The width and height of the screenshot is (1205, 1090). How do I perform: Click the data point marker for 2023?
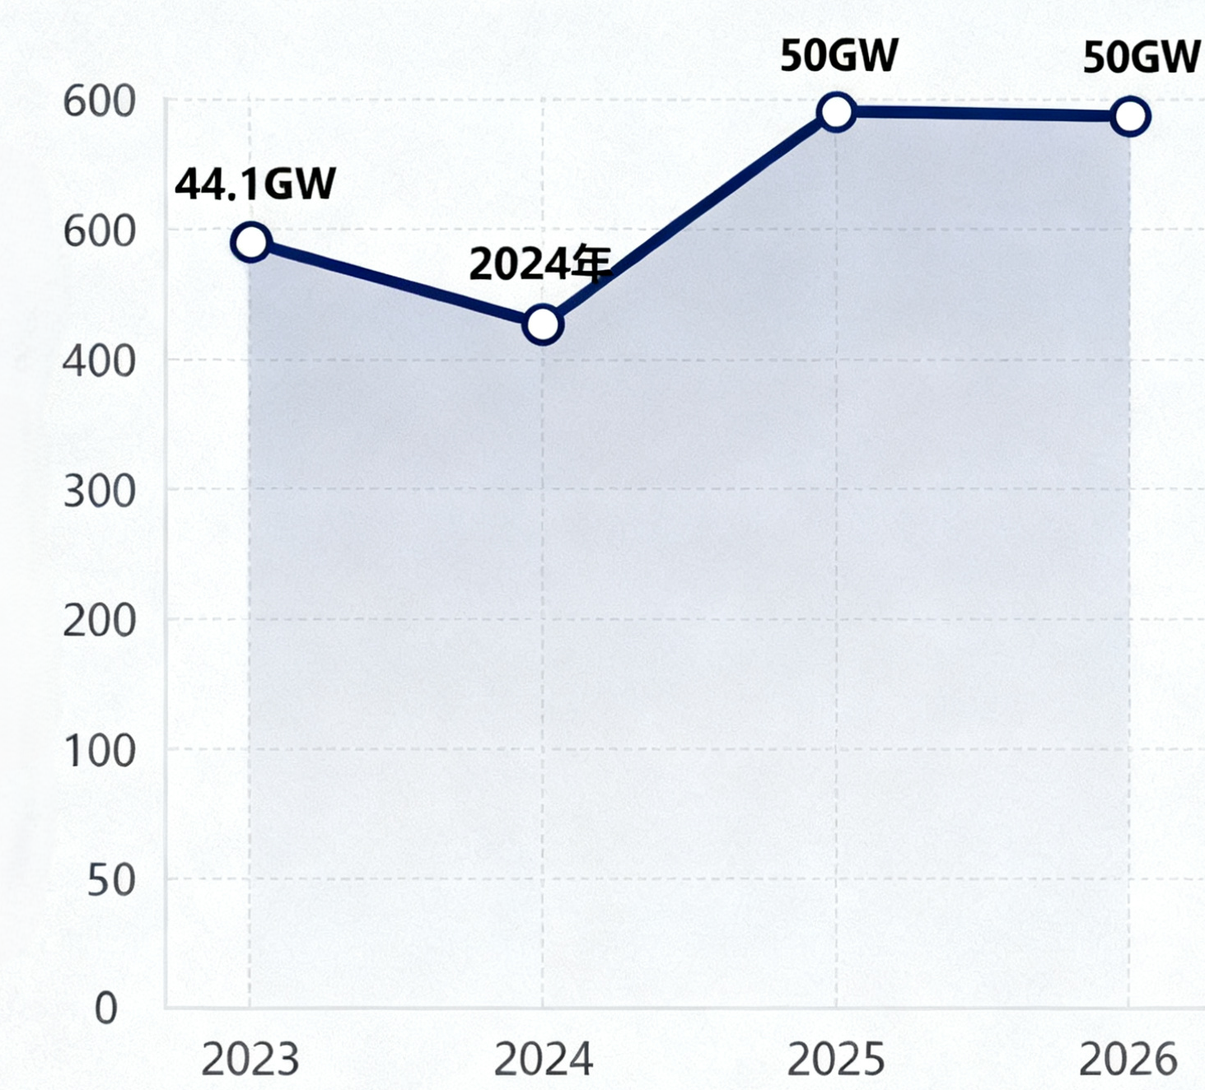pos(251,242)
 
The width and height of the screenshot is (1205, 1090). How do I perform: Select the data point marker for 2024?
pos(542,324)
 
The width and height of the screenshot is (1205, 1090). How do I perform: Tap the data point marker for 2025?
pos(836,111)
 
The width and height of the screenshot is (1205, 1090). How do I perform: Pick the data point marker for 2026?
pos(1129,117)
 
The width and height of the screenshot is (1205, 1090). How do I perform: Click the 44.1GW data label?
pos(255,184)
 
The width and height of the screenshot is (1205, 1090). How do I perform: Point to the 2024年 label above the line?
pos(540,264)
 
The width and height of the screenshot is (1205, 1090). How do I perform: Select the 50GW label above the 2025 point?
pos(838,56)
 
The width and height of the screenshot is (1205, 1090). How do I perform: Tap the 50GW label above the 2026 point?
pos(1141,58)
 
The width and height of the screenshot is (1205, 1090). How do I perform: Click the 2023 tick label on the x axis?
pos(250,1060)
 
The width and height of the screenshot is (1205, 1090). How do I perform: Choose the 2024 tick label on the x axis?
pos(543,1060)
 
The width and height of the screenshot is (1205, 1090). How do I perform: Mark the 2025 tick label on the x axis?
pos(835,1060)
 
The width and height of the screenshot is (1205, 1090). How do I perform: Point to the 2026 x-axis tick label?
pos(1128,1060)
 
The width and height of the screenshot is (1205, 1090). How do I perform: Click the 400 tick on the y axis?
pos(99,361)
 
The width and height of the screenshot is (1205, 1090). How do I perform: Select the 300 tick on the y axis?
pos(99,491)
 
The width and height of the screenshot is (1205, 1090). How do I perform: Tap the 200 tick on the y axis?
pos(99,621)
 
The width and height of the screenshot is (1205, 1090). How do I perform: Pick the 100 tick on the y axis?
pos(99,751)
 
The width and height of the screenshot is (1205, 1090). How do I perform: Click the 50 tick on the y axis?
pos(111,880)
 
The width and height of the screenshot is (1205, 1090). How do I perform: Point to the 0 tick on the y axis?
pos(106,1008)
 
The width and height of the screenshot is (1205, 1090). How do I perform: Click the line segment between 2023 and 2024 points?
pos(395,283)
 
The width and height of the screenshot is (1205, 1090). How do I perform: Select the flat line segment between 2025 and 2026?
pos(983,114)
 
